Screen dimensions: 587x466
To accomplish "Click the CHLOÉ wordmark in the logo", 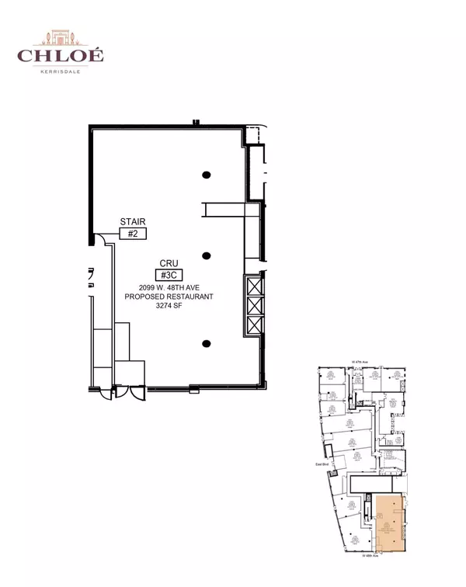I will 60,55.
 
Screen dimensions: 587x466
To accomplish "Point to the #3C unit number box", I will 169,274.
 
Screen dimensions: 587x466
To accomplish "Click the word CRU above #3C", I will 169,263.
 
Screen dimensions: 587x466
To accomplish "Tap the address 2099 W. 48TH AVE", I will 169,287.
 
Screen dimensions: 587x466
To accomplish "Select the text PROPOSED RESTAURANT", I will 169,297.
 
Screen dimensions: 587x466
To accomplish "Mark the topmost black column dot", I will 207,175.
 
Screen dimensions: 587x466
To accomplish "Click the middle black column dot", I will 207,255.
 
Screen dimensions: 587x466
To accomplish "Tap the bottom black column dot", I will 207,343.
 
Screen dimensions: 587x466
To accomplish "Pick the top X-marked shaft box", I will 254,285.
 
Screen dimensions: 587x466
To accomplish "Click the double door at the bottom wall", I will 128,392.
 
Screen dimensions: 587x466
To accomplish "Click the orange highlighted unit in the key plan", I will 388,524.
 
